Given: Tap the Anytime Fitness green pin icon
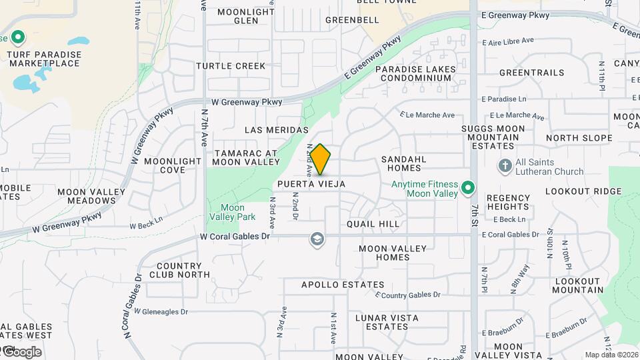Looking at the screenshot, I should [468, 189].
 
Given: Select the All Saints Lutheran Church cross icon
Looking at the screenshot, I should [505, 165].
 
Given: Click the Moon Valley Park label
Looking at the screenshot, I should [232, 212].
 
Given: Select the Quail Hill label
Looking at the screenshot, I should [373, 224].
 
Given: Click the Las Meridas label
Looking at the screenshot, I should [277, 129].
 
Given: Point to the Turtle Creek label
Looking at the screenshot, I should [231, 66].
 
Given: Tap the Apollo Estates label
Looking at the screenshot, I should [343, 285].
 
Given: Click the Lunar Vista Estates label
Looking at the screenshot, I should [381, 322].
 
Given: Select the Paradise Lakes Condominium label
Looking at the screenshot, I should [415, 73].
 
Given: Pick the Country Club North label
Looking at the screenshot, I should [179, 270].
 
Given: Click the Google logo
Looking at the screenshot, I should [21, 352].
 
